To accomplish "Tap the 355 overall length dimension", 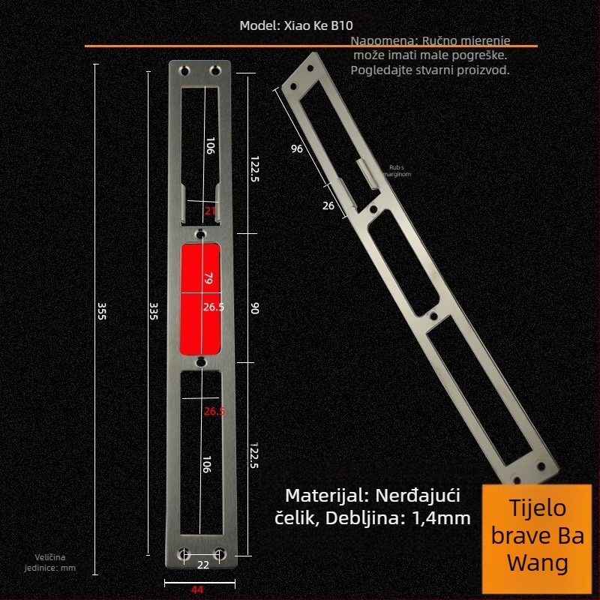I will [102, 311].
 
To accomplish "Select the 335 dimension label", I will [154, 311].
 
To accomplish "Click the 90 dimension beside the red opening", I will [254, 308].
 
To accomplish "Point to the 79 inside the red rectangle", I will [209, 279].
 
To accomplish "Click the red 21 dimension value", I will [210, 211].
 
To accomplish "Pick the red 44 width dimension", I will [197, 589].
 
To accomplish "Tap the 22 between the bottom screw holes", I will [202, 565].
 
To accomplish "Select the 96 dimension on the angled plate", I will [297, 149].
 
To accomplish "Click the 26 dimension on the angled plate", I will [328, 205].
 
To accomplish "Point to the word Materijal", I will [324, 496].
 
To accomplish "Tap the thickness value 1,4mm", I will [442, 517].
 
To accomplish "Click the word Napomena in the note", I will [383, 40].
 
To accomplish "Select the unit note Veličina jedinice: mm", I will [55, 562].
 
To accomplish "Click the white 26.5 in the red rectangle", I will [213, 307].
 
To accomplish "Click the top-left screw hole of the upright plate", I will [184, 70].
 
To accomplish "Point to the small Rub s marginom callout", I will [397, 170].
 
